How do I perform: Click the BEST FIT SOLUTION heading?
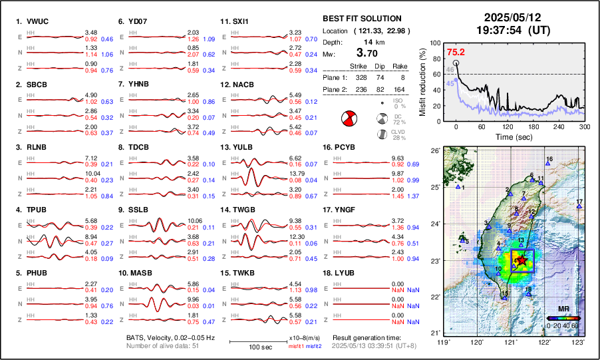(x=361, y=19)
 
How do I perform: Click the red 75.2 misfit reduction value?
(x=456, y=52)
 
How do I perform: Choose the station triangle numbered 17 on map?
(x=579, y=207)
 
